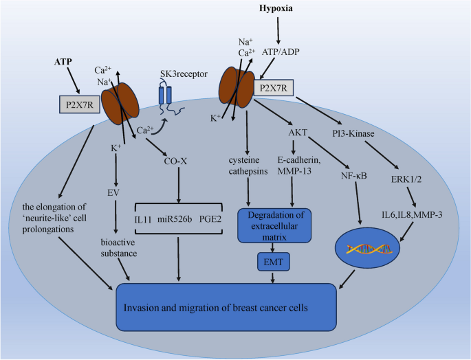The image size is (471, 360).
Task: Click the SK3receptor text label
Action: point(185,74)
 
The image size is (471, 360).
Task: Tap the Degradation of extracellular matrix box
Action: point(274,225)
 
